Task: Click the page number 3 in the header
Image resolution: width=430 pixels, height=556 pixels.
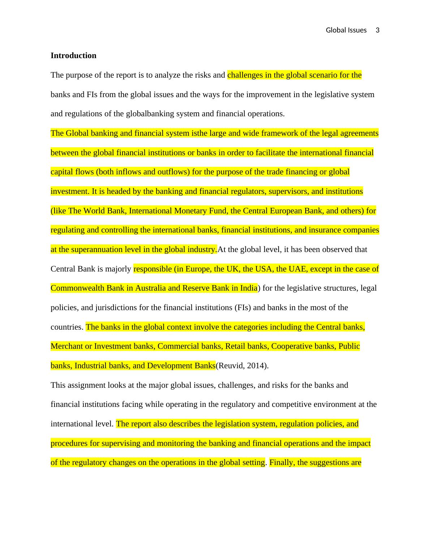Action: pyautogui.click(x=378, y=30)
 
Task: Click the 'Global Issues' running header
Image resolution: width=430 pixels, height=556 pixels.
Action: pyautogui.click(x=346, y=30)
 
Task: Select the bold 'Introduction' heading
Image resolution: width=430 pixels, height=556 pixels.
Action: pyautogui.click(x=73, y=56)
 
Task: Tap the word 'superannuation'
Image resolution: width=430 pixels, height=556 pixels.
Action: pyautogui.click(x=96, y=249)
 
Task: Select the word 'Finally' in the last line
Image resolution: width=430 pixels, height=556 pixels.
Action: pyautogui.click(x=282, y=462)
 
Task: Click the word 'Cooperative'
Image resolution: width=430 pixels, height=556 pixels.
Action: pyautogui.click(x=292, y=346)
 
